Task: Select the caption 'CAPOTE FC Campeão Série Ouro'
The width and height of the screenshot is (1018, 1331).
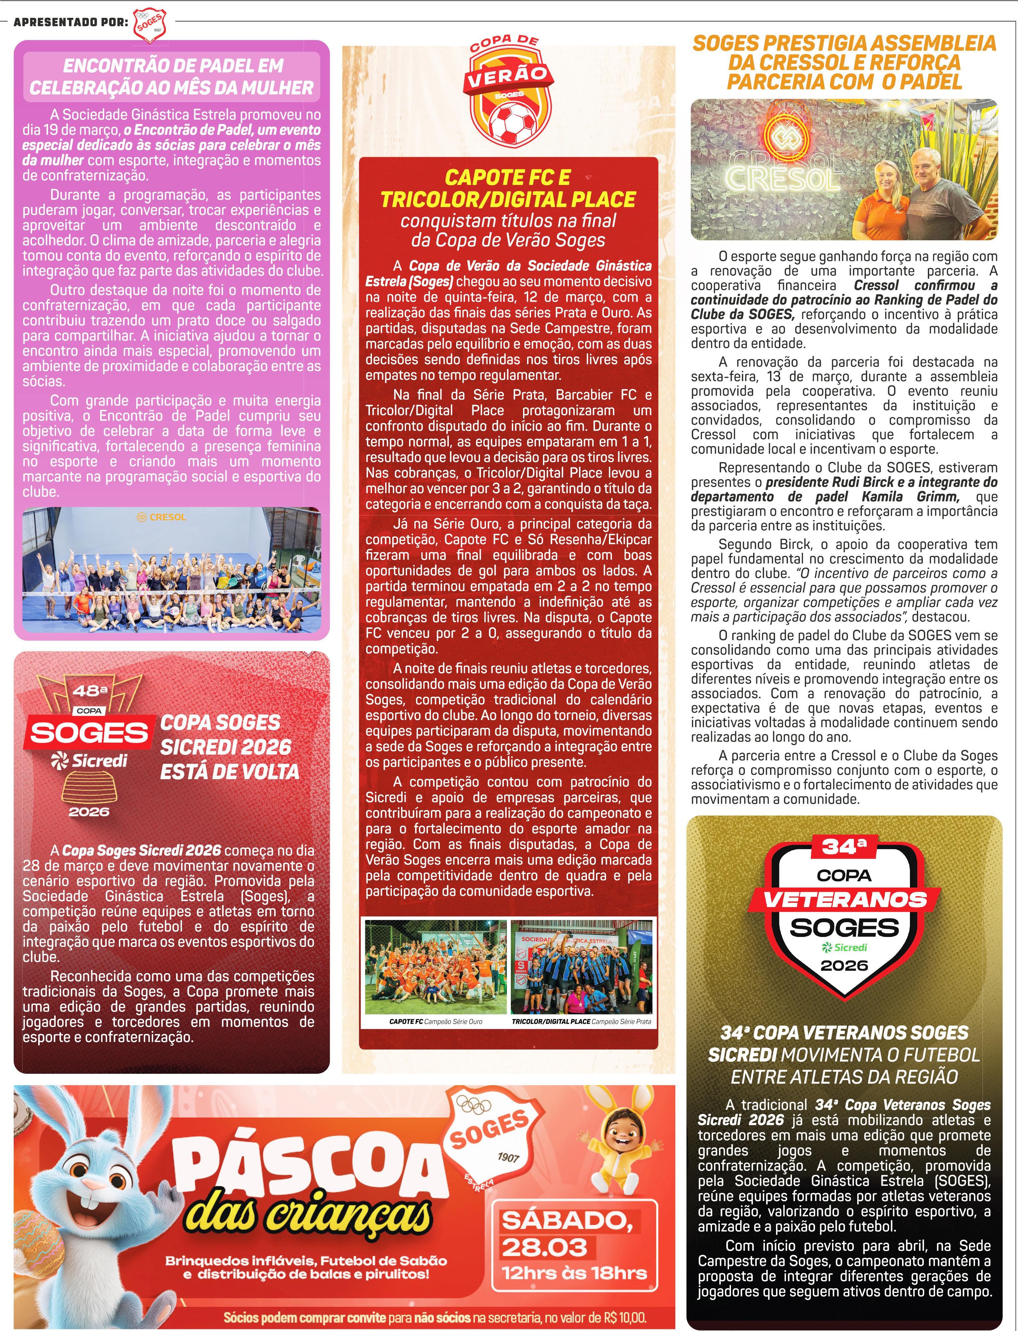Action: (x=436, y=1021)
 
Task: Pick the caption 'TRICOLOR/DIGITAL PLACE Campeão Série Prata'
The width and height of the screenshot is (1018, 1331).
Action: (x=581, y=1021)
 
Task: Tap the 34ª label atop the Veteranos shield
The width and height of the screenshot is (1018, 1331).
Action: (x=844, y=846)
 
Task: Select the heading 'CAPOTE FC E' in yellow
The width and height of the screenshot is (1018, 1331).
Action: (x=508, y=178)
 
